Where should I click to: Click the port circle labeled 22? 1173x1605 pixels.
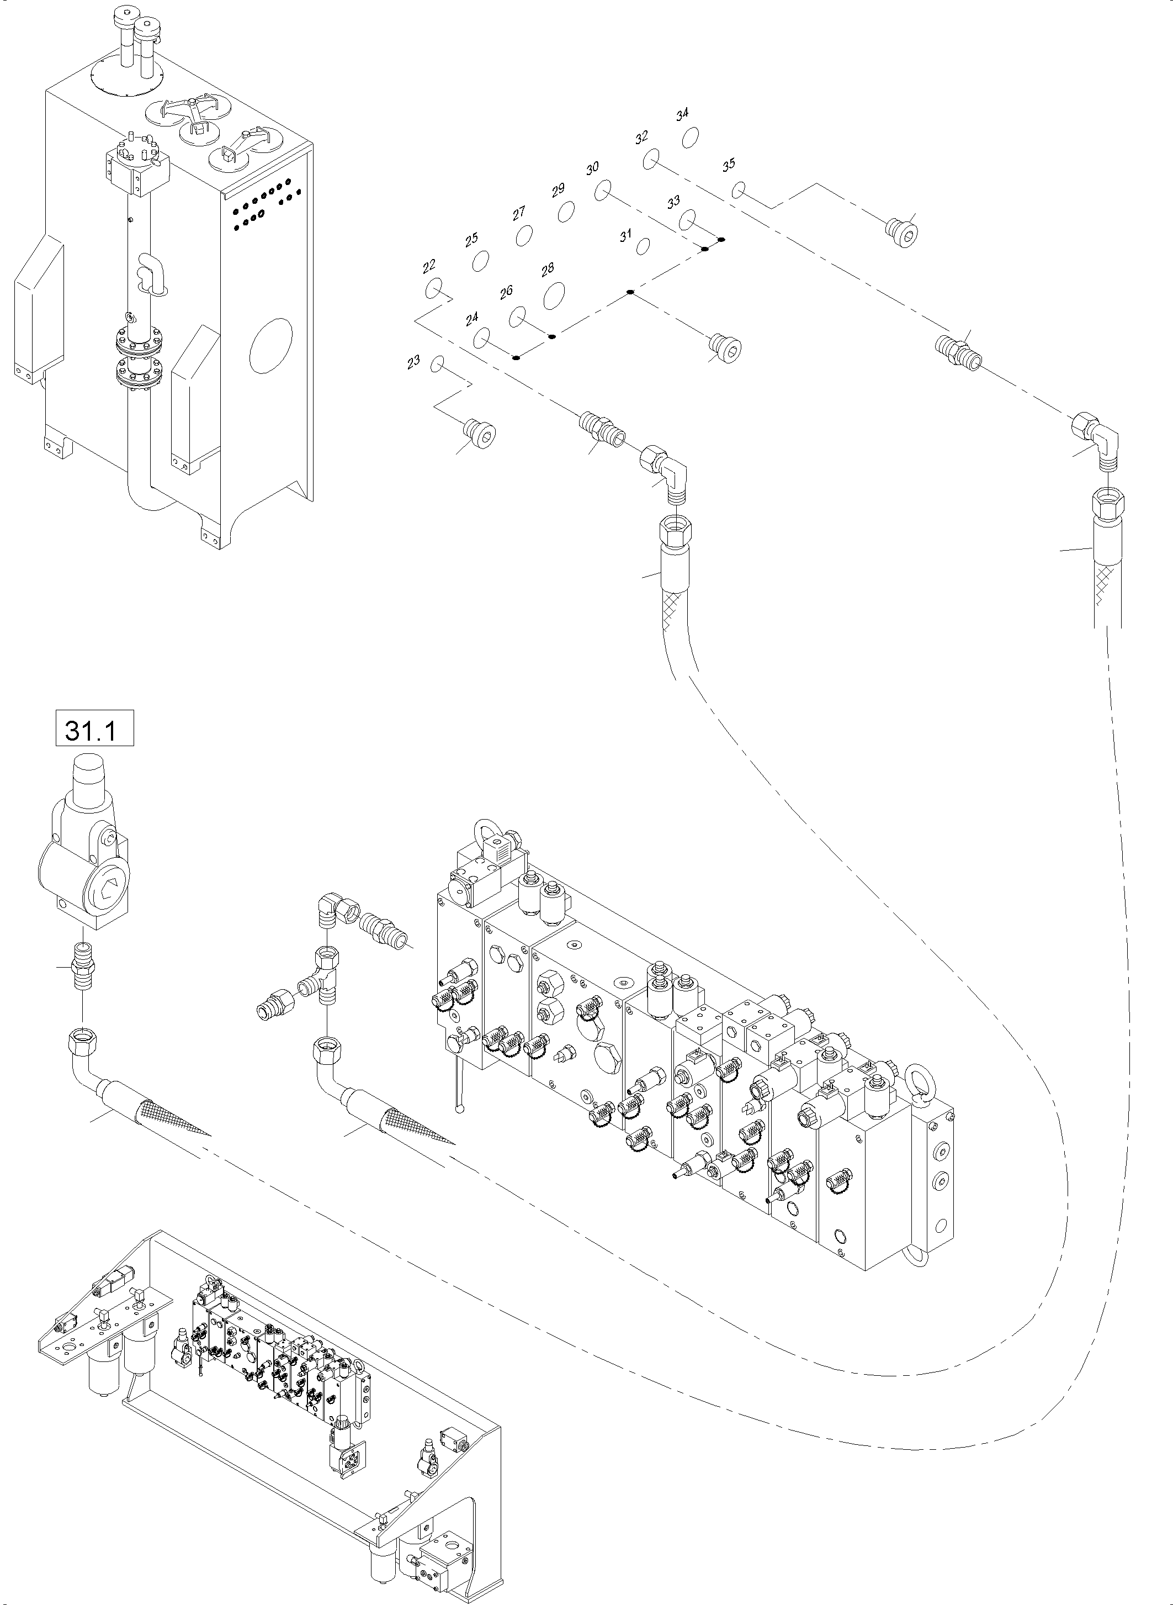pos(434,289)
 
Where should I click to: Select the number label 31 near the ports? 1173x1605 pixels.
pos(625,236)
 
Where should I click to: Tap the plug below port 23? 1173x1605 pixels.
pos(480,432)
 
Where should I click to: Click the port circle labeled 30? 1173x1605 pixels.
pos(603,191)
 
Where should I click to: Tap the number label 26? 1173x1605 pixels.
pos(506,292)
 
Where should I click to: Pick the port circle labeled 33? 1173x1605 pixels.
pos(687,220)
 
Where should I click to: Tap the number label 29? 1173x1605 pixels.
pos(558,189)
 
